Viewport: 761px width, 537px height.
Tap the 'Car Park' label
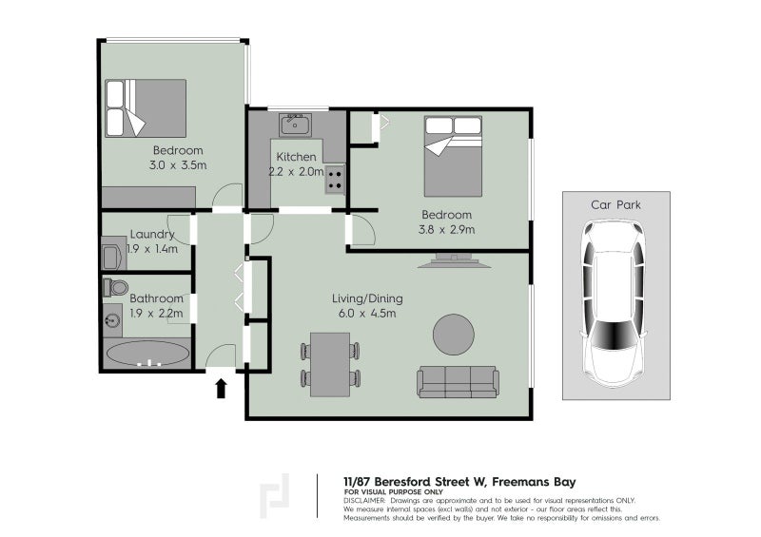point(614,203)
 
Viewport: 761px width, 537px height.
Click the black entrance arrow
point(222,387)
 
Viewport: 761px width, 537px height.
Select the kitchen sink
point(294,124)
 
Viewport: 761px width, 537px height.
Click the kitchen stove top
point(336,179)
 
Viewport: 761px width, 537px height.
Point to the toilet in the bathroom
point(116,286)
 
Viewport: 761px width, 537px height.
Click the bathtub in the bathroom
point(148,355)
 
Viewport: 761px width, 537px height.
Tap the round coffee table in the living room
point(454,334)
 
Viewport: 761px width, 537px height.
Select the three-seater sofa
point(458,381)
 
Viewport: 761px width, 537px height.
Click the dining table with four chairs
point(330,363)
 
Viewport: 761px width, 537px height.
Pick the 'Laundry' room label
point(152,235)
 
